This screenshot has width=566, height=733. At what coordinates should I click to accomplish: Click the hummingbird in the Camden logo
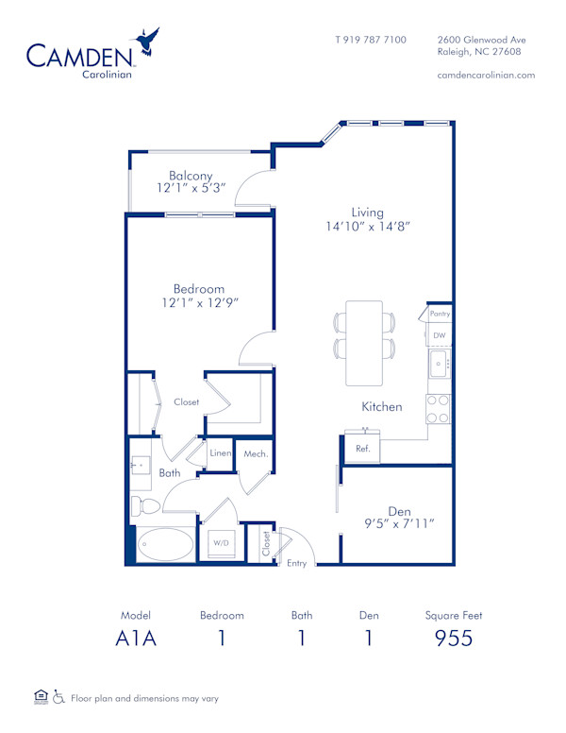148,43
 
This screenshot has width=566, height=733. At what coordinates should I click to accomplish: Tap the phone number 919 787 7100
371,40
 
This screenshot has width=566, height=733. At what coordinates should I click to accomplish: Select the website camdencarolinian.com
487,75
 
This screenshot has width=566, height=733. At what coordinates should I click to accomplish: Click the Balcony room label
191,175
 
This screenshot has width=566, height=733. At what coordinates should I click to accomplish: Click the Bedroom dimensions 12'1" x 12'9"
198,303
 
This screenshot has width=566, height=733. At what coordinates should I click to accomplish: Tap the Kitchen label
382,406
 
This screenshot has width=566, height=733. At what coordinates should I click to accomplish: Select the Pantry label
439,314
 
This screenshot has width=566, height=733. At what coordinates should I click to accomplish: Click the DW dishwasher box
439,334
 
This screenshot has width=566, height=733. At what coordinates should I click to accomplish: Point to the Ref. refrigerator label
362,449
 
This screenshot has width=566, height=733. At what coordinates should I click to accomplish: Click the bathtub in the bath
164,545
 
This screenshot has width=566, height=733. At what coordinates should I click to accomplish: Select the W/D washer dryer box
221,544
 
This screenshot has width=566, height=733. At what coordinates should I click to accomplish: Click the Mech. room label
256,454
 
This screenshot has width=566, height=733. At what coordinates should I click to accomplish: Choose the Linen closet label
220,453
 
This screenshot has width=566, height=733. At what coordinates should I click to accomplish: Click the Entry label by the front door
297,563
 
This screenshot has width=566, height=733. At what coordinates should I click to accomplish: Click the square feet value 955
454,638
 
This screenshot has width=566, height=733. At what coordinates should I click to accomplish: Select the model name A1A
135,638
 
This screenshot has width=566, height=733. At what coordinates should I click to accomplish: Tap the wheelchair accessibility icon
58,698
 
